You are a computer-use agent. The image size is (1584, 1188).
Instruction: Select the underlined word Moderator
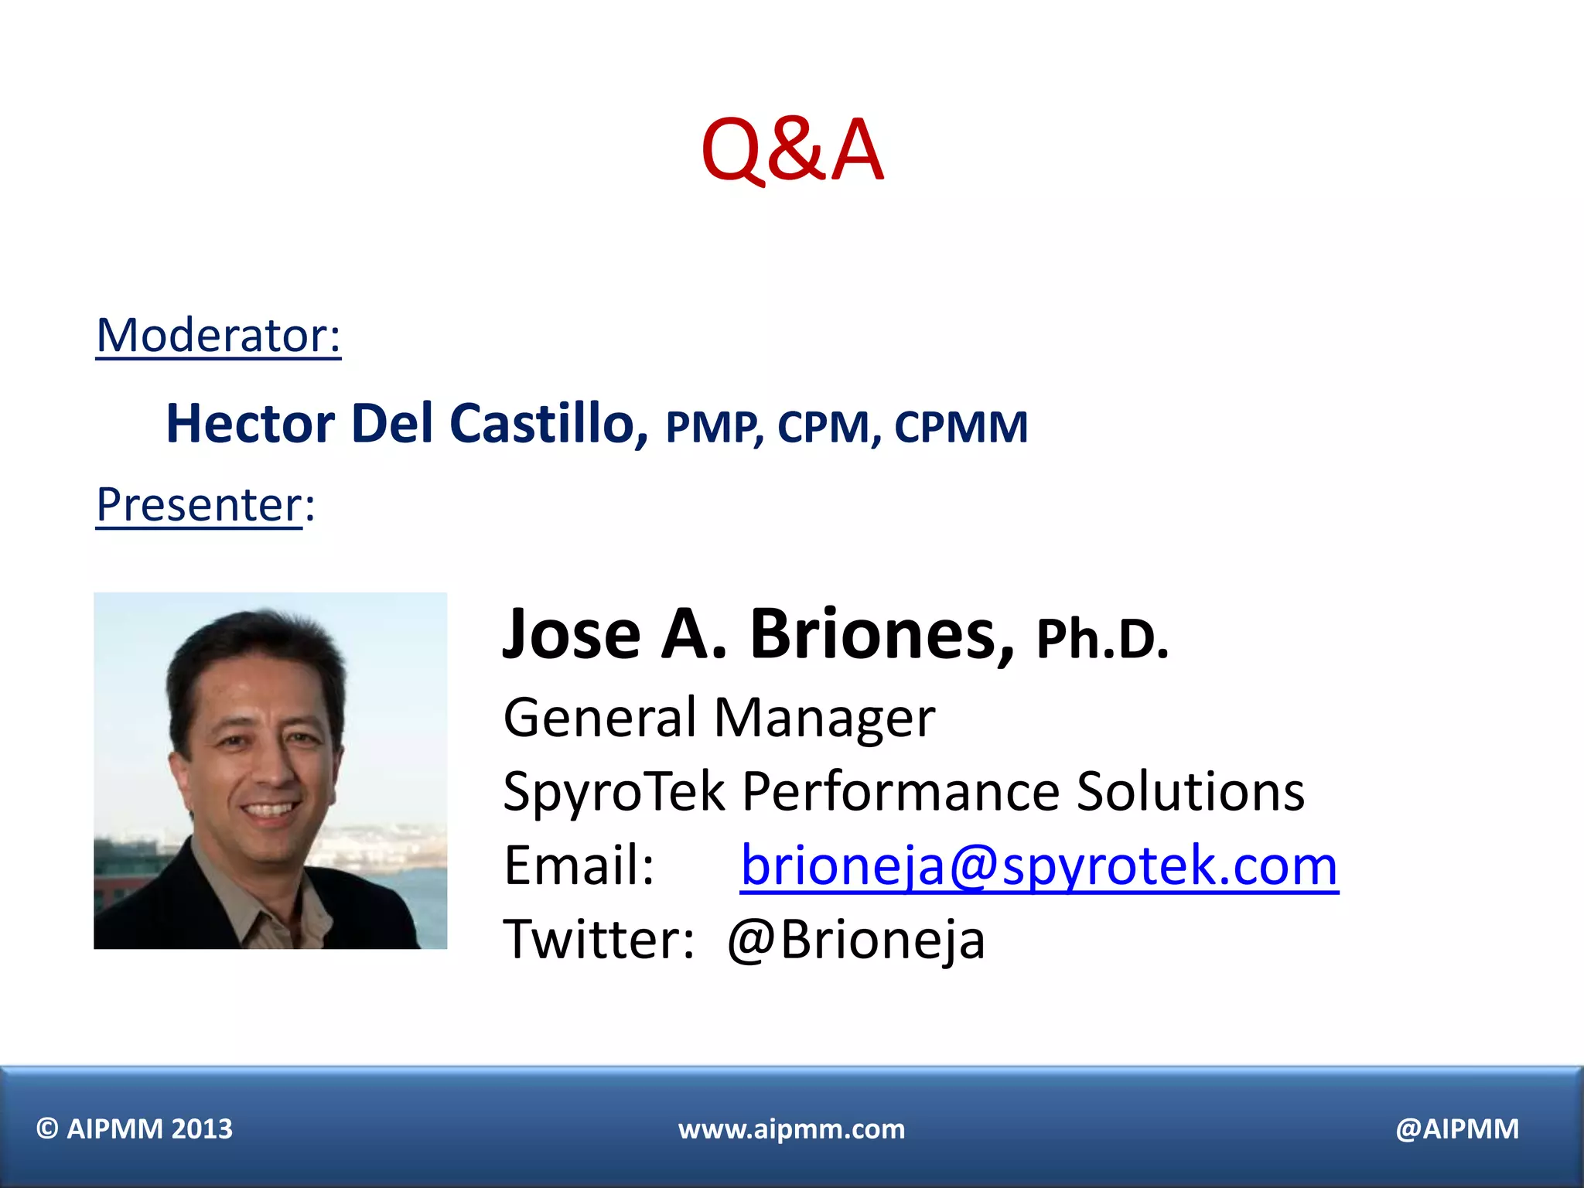[217, 336]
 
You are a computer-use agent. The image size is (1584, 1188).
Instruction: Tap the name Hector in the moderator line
[250, 424]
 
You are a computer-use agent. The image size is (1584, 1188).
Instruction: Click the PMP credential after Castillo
[712, 427]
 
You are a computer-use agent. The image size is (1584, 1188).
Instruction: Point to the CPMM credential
[961, 427]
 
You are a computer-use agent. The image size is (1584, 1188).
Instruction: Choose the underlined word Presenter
[199, 505]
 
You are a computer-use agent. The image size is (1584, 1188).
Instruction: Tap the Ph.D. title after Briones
[1101, 639]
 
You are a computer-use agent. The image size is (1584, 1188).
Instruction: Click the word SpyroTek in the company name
[614, 792]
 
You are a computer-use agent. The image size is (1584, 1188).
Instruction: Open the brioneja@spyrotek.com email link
[1039, 865]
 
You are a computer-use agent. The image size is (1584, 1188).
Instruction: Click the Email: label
[579, 865]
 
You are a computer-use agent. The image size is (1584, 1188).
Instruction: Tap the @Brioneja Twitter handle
[856, 940]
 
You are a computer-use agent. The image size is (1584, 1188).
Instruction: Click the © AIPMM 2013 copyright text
[135, 1129]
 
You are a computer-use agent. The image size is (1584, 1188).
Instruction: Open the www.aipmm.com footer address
[791, 1129]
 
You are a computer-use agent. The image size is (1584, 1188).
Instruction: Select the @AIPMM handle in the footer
[1457, 1129]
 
